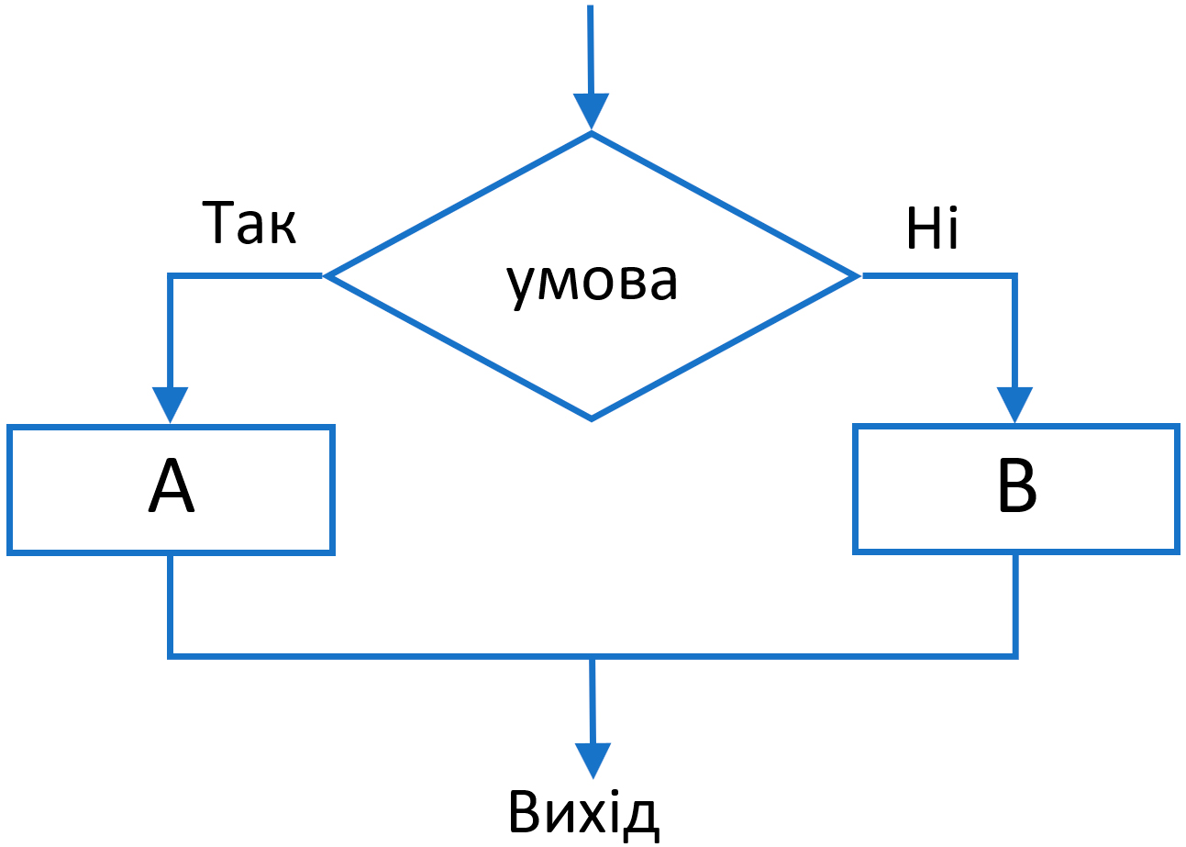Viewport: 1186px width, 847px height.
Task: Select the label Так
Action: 249,224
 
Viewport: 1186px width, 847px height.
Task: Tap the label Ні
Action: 932,228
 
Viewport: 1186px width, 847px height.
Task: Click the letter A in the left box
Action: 171,487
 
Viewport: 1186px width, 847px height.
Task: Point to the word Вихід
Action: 583,812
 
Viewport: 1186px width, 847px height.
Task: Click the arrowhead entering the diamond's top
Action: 592,111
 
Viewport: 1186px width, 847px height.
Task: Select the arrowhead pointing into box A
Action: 171,404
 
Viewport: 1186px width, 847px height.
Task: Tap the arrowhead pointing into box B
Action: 1014,404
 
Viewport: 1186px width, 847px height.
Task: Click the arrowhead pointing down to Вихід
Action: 593,760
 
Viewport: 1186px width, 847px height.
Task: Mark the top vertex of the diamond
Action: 592,133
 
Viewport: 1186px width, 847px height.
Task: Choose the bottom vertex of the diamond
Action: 592,419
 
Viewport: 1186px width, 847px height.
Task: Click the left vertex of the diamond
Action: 327,275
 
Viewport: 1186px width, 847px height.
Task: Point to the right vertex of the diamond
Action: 857,275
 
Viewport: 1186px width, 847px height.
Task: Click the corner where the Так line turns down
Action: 171,275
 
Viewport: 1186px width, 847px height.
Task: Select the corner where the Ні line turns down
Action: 1014,275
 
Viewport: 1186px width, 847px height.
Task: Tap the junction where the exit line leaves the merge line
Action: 593,655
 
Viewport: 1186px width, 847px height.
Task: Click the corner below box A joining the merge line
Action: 171,655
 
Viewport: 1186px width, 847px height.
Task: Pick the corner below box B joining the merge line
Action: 1015,655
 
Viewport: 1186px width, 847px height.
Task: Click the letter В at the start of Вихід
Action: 526,812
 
